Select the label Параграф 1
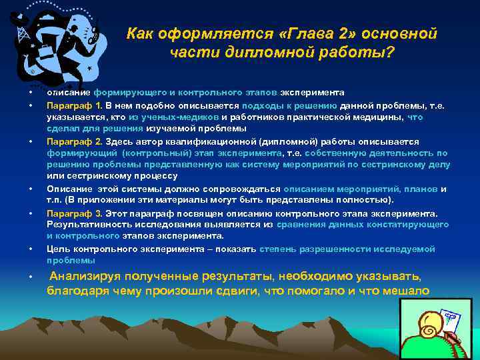(x=73, y=105)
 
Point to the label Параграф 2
(x=73, y=142)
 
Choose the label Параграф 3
(x=73, y=214)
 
